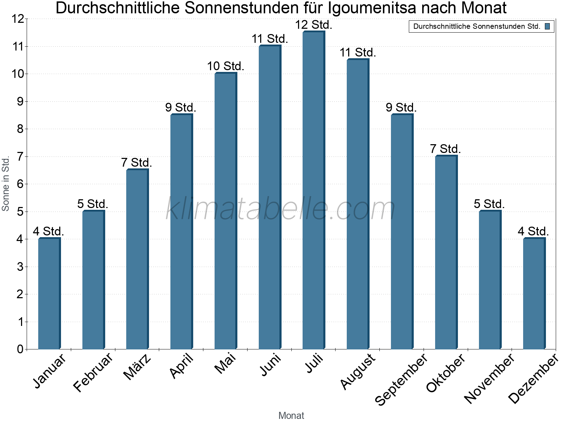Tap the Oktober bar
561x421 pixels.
pos(446,252)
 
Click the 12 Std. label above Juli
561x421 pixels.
pos(313,25)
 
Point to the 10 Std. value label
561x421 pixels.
pos(225,66)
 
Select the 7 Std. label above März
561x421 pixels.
pos(136,163)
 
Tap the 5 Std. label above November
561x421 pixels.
pos(489,204)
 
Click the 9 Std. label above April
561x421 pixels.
pos(181,107)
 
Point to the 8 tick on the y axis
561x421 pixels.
pos(20,129)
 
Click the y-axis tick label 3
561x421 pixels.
pos(20,267)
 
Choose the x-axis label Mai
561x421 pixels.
pos(225,363)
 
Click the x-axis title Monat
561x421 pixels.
pos(291,415)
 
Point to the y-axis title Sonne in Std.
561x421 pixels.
pos(6,183)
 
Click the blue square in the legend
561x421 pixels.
pos(547,26)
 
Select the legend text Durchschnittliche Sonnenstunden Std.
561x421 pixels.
pos(476,26)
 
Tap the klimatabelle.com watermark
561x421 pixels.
pos(280,209)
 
